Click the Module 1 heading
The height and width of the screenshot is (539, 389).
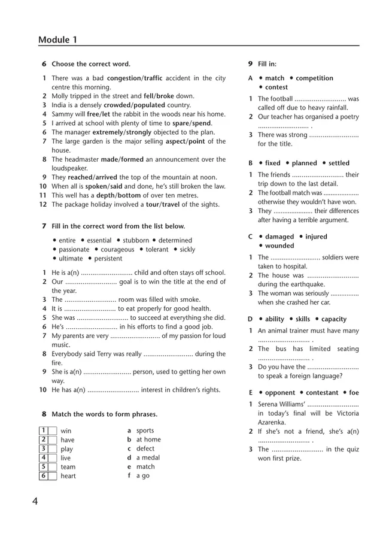(x=57, y=40)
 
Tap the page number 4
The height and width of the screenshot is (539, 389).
(x=35, y=501)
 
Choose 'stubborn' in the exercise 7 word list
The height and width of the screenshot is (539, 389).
(x=136, y=240)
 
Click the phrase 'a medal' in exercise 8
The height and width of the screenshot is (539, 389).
(x=148, y=458)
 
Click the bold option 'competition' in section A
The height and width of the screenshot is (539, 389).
(x=314, y=78)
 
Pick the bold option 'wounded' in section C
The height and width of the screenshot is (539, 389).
(x=279, y=246)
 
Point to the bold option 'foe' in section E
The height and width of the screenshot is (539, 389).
(x=354, y=393)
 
